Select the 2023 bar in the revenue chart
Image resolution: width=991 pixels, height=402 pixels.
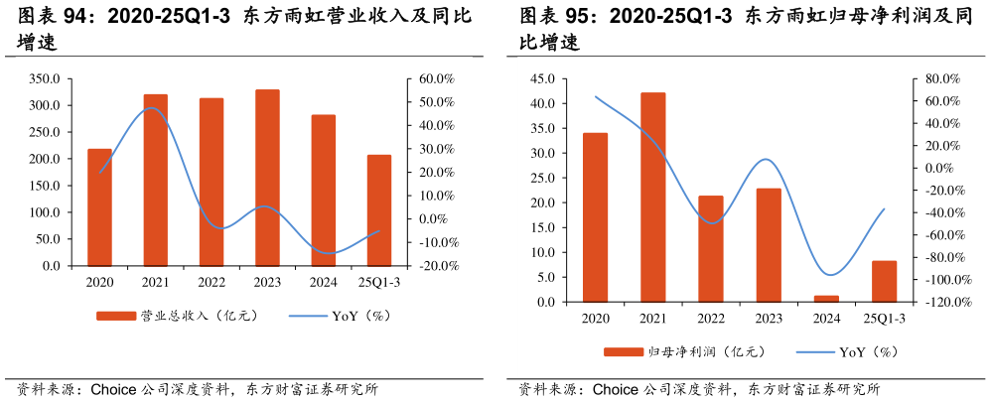pyautogui.click(x=267, y=178)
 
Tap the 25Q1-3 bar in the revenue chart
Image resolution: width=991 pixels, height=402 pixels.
pyautogui.click(x=379, y=210)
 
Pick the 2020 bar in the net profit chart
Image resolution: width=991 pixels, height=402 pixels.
pyautogui.click(x=595, y=217)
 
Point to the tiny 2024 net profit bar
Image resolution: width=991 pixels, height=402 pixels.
pyautogui.click(x=826, y=299)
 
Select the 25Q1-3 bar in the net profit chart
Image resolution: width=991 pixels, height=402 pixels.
pyautogui.click(x=884, y=281)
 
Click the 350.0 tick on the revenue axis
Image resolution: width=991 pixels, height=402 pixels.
pyautogui.click(x=46, y=78)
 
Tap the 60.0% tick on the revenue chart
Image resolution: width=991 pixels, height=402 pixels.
pyautogui.click(x=436, y=78)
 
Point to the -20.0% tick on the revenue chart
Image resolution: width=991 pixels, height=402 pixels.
pyautogui.click(x=434, y=266)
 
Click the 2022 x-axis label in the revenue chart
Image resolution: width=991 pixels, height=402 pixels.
pyautogui.click(x=212, y=283)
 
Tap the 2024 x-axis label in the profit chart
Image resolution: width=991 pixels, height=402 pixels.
pyautogui.click(x=826, y=319)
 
